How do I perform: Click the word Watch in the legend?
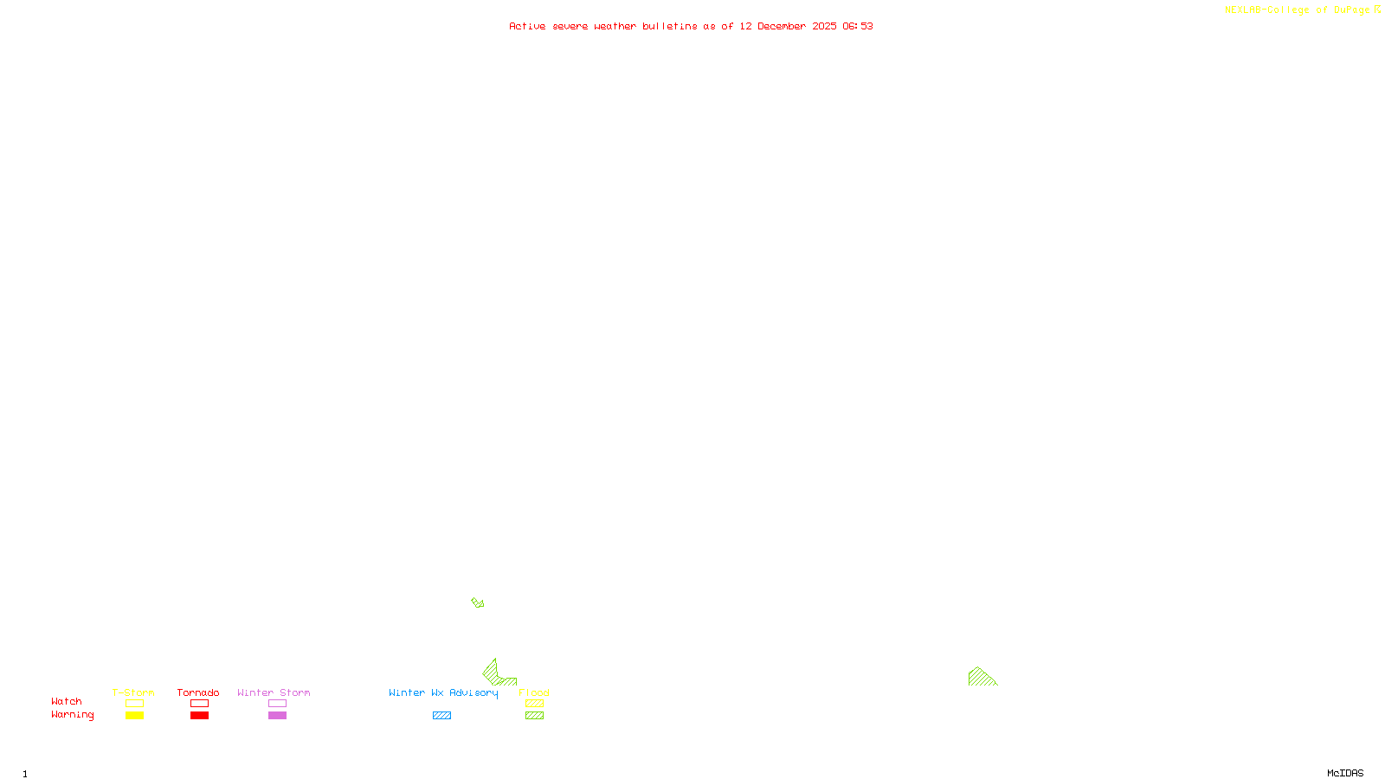point(67,701)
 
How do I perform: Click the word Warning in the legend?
point(72,715)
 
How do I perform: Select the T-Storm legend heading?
point(133,692)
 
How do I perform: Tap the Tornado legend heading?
point(198,692)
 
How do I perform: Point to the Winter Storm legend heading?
point(274,692)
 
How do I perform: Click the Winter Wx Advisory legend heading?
point(443,692)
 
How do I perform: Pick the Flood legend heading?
point(534,692)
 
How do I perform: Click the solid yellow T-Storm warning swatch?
point(134,716)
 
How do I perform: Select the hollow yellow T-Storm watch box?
point(134,704)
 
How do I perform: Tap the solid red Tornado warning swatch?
point(199,716)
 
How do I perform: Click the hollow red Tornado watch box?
point(199,704)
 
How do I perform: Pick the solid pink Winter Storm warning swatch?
point(277,716)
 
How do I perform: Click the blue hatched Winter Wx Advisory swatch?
point(441,716)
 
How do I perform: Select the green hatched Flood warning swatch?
point(534,716)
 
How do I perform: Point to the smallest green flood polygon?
point(478,602)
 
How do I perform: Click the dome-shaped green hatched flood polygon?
point(981,677)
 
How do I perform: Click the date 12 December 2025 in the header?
point(788,26)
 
